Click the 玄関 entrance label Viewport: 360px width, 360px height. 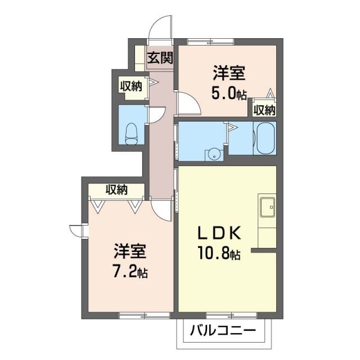tap(160, 58)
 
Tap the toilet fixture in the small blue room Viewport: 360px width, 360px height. tap(132, 132)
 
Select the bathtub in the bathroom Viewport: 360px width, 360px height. tap(264, 138)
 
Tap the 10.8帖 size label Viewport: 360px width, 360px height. tap(220, 255)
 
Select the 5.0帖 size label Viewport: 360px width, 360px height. tap(228, 94)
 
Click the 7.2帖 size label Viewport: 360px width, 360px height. tap(128, 273)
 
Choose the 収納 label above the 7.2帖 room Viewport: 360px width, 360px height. tap(116, 190)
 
